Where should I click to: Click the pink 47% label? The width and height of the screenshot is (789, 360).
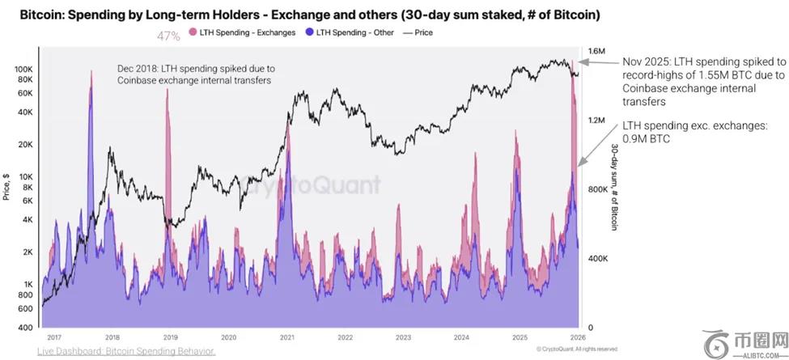[168, 36]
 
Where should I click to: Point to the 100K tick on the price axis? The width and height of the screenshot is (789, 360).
[22, 70]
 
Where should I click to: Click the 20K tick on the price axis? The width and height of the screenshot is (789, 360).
[25, 145]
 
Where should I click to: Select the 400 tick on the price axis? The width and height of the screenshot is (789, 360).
[27, 327]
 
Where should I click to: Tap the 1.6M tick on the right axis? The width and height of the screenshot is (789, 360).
[597, 52]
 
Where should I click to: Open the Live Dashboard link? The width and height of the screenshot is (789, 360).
[126, 351]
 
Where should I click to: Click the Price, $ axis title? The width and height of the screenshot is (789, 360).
[6, 187]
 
